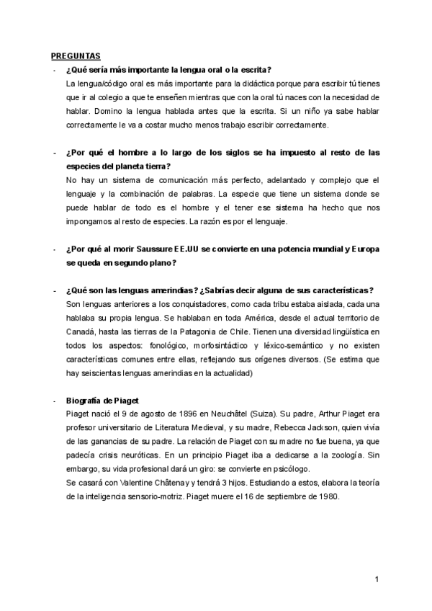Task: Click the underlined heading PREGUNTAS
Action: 76,55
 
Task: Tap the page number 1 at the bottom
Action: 377,579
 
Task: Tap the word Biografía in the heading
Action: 84,400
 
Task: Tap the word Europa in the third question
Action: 364,249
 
